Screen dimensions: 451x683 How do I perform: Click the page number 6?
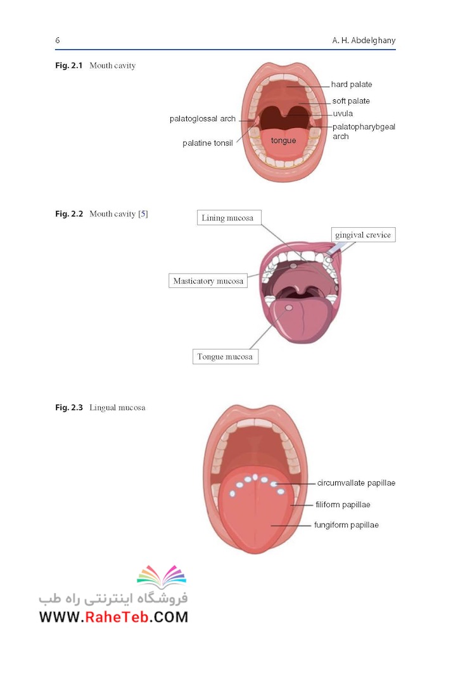[58, 41]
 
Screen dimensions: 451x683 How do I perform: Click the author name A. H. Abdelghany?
[364, 41]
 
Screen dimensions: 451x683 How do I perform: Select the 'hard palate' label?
[352, 84]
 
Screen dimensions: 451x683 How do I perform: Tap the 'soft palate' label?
[351, 101]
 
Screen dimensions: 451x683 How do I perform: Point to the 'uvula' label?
[343, 114]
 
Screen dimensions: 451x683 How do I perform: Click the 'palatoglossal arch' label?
[203, 119]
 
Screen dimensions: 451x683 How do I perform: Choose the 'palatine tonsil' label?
[208, 143]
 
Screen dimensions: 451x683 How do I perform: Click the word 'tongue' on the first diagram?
[283, 141]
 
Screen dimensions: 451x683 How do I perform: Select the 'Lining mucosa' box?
[229, 218]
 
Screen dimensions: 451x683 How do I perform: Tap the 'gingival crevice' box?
[363, 235]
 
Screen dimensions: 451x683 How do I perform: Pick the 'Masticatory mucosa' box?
[208, 281]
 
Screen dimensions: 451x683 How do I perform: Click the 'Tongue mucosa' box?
[225, 357]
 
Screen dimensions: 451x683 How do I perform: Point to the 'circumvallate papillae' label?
[356, 483]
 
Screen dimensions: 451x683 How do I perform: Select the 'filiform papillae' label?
[343, 505]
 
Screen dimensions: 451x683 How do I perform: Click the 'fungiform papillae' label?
[346, 525]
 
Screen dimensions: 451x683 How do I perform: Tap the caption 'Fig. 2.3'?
[69, 408]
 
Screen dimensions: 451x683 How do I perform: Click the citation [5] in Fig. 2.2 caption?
[143, 214]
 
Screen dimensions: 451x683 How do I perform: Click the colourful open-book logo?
[162, 576]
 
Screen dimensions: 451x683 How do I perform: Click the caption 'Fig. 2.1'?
[69, 66]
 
